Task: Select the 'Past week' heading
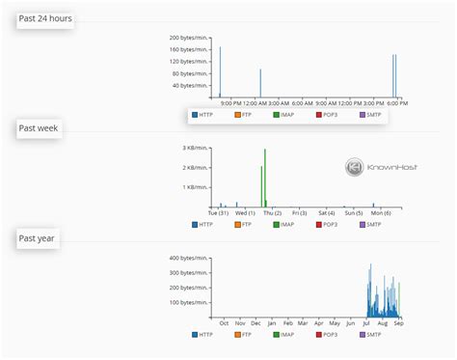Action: click(40, 128)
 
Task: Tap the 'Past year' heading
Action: click(39, 237)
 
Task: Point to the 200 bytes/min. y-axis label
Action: click(190, 35)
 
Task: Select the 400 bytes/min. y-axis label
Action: click(189, 258)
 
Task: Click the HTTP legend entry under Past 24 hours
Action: click(202, 115)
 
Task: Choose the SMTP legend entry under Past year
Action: click(370, 335)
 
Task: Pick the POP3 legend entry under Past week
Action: click(325, 225)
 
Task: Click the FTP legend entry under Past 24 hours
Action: click(244, 115)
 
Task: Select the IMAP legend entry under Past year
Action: click(284, 335)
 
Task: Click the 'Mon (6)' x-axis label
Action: click(381, 212)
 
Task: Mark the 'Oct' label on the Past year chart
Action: click(224, 322)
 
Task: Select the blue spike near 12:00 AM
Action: click(259, 83)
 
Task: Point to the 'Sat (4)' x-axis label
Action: click(325, 212)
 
